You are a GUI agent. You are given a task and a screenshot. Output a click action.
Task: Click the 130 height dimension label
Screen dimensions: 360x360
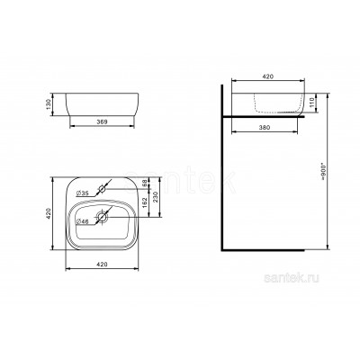point(49,104)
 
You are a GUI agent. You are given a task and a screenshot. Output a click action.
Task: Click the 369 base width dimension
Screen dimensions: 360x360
point(102,121)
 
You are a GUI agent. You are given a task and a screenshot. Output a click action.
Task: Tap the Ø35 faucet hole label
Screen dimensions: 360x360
point(83,193)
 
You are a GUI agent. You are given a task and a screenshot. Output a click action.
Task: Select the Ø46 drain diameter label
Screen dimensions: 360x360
point(83,221)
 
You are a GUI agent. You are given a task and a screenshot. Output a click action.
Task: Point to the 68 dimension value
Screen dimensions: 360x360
point(144,183)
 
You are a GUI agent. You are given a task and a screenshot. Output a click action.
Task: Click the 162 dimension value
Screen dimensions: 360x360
point(144,202)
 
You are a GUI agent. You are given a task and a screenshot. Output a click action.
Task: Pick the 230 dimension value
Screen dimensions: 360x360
point(156,197)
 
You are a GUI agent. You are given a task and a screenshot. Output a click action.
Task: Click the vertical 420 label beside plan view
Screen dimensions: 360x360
point(49,213)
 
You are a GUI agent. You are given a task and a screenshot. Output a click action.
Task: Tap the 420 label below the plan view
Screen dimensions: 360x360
point(102,265)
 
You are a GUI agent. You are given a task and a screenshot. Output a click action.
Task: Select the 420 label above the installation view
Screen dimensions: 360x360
point(268,76)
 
